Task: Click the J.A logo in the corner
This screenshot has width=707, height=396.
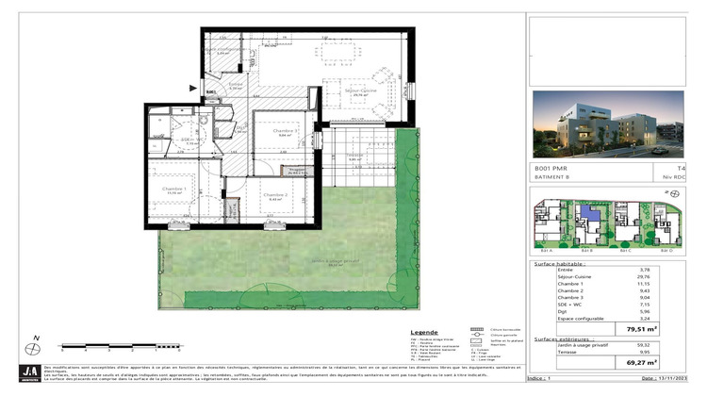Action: coord(31,372)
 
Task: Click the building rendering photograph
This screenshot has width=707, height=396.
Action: coord(607,124)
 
